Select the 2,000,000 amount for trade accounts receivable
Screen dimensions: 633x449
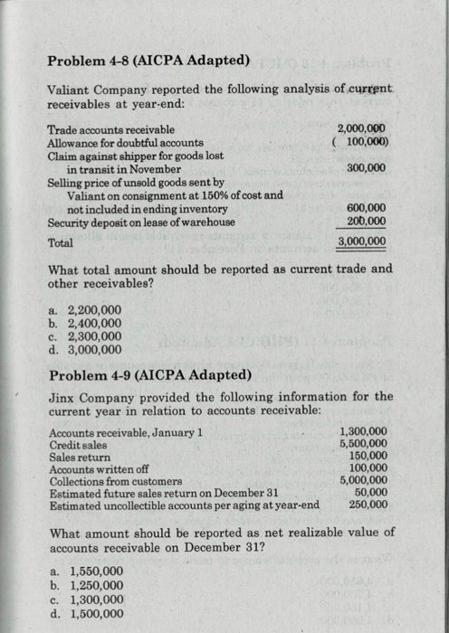(361, 129)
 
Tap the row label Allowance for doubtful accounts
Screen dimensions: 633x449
(125, 142)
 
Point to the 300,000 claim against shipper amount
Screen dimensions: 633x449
(366, 167)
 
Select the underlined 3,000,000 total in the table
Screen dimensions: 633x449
(361, 241)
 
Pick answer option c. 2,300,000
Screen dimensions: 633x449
(83, 335)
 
